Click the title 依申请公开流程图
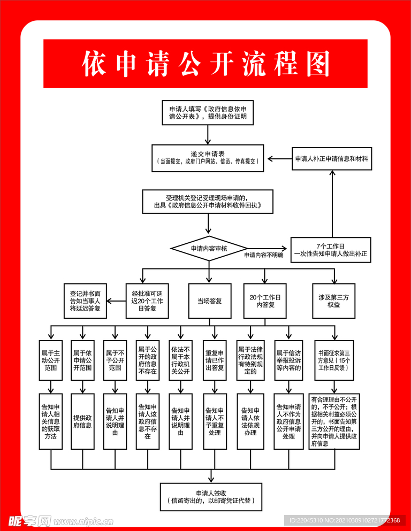click(205, 64)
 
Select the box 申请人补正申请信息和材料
click(332, 159)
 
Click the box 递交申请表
click(208, 158)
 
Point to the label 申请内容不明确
click(264, 255)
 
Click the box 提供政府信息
click(82, 421)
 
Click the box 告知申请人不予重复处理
click(215, 421)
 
